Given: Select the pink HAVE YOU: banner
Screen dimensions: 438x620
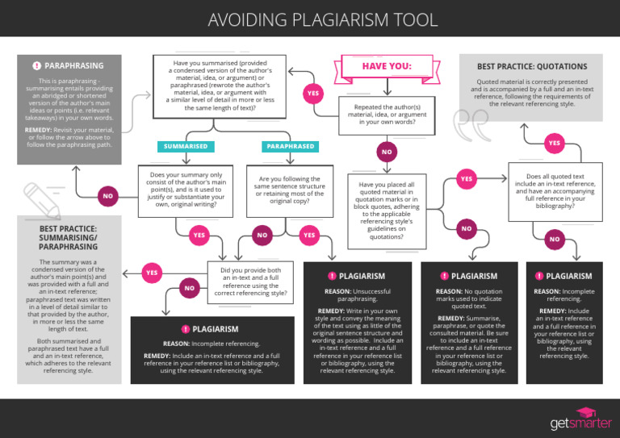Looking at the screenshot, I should point(387,66).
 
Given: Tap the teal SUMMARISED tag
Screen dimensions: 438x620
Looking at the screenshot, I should point(186,147).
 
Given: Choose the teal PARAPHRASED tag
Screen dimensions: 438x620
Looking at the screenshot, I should point(291,147).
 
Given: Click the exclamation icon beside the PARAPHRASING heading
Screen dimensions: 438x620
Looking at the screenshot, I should point(36,65).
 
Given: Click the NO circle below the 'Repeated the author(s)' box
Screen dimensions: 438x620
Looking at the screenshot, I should point(387,152).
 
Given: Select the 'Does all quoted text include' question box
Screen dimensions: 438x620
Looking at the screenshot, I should point(555,190).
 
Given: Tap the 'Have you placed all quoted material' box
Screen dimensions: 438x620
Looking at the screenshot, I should point(387,211).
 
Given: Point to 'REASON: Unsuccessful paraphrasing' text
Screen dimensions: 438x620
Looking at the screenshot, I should point(356,295).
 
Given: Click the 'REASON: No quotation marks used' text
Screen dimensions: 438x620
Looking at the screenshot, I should point(468,299).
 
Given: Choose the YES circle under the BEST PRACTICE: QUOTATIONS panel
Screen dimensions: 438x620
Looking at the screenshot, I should point(554,143).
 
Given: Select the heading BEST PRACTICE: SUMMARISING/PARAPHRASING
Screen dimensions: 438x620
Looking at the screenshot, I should point(69,238).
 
